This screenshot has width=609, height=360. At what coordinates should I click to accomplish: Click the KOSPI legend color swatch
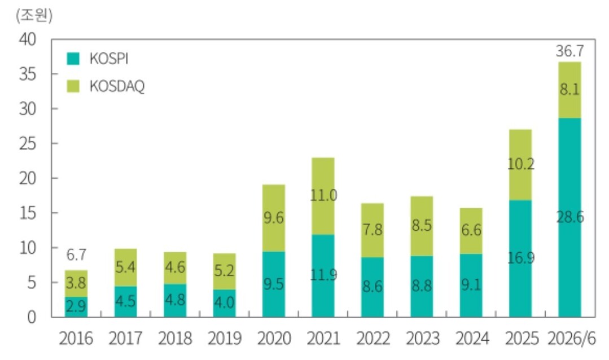[73, 59]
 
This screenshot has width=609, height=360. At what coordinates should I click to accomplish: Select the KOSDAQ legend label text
[117, 86]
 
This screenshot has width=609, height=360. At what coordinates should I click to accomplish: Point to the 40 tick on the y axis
[27, 39]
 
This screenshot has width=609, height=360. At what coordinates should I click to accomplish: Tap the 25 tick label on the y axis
[27, 144]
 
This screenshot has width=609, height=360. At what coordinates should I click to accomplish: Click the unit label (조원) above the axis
[34, 16]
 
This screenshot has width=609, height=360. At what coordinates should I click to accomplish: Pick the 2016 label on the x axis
[76, 339]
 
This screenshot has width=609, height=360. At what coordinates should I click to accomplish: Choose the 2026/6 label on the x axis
[571, 339]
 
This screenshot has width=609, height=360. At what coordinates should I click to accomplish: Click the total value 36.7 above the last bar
[569, 51]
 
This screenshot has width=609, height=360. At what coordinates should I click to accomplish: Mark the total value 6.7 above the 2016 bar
[76, 254]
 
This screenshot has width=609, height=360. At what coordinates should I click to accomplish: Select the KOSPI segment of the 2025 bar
[520, 258]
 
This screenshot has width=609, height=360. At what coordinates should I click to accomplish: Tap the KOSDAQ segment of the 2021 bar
[323, 196]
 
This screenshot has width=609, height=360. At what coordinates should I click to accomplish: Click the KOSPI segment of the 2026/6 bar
[569, 217]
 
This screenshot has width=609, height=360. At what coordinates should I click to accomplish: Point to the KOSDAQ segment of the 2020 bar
[274, 218]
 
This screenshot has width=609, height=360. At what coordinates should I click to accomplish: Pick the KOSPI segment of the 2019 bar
[225, 304]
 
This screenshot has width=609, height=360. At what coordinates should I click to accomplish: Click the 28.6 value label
[570, 217]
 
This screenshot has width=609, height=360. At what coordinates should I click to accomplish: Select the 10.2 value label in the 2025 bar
[521, 164]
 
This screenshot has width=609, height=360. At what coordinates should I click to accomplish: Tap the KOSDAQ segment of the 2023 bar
[422, 226]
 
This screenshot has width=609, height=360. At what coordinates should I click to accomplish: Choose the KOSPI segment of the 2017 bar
[125, 302]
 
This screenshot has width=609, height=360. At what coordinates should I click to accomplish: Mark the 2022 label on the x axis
[373, 339]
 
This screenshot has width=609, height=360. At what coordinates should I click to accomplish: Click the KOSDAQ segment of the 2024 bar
[471, 231]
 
